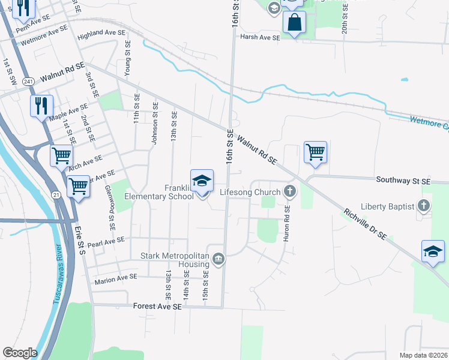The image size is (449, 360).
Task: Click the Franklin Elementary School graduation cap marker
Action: (x=202, y=180)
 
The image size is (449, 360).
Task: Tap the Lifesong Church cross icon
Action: (x=290, y=192)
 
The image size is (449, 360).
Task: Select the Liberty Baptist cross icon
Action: (x=424, y=206)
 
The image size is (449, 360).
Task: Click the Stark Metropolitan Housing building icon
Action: (x=218, y=260)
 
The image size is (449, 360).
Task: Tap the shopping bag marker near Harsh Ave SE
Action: (x=295, y=23)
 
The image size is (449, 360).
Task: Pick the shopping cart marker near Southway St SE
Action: (x=315, y=152)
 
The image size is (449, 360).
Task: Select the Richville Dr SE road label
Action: (x=366, y=224)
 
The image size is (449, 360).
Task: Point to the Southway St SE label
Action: (x=403, y=180)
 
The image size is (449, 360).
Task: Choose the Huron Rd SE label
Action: (x=288, y=224)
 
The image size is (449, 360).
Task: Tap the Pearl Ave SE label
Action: (x=105, y=241)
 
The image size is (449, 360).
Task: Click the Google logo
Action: (x=20, y=353)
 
